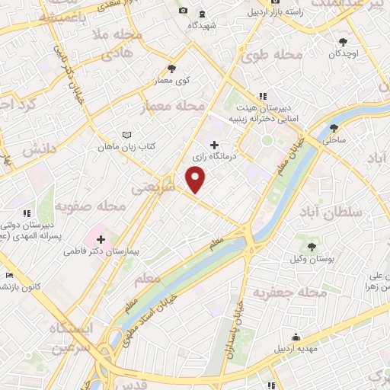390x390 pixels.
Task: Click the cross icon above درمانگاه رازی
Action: pyautogui.click(x=214, y=144)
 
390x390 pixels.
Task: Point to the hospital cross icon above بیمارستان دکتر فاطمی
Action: pyautogui.click(x=100, y=239)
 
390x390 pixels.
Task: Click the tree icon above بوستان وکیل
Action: pyautogui.click(x=312, y=245)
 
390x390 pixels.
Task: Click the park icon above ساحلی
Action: pyautogui.click(x=334, y=129)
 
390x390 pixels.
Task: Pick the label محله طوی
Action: pyautogui.click(x=272, y=55)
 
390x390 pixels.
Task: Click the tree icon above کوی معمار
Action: pyautogui.click(x=171, y=68)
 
